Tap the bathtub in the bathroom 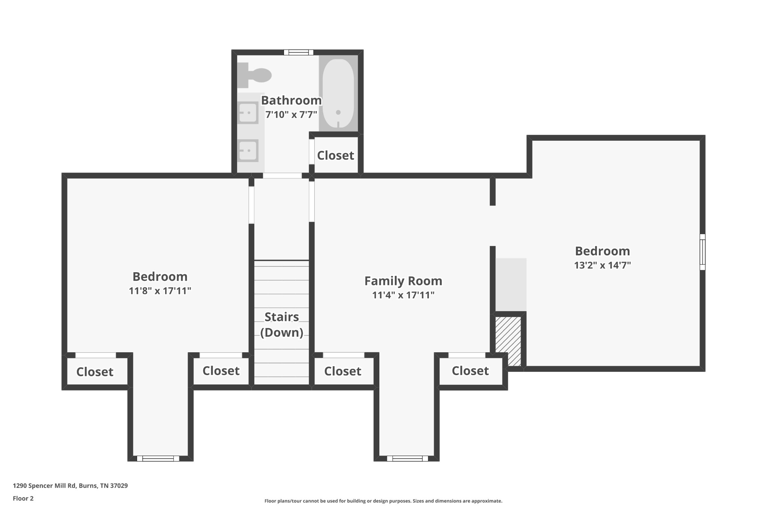[x=338, y=93]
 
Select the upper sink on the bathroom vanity [x=248, y=113]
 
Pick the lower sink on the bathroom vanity [x=248, y=150]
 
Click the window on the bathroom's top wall [x=298, y=52]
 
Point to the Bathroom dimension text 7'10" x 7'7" [x=291, y=115]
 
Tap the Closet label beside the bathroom [x=336, y=155]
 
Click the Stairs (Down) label [x=282, y=325]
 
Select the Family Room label [x=403, y=281]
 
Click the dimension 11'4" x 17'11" [x=403, y=295]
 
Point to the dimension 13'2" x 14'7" [x=603, y=265]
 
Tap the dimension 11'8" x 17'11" [x=160, y=291]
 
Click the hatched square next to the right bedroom [x=508, y=341]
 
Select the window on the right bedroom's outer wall [x=703, y=252]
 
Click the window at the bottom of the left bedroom [x=158, y=458]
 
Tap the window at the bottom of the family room [x=407, y=458]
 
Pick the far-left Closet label [x=95, y=372]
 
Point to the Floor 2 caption [x=23, y=498]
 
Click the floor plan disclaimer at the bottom [x=383, y=501]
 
